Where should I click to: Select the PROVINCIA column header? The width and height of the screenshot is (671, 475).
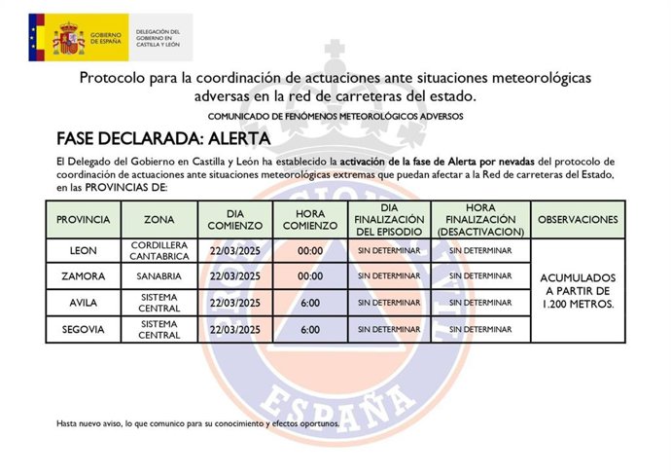click(84, 220)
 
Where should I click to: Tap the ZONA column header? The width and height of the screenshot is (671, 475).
click(159, 220)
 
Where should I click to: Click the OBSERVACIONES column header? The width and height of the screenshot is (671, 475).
click(578, 220)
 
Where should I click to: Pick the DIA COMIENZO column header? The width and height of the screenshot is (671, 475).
click(234, 220)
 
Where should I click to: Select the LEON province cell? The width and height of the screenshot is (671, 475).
click(84, 251)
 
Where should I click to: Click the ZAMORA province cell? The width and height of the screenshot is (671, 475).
click(84, 276)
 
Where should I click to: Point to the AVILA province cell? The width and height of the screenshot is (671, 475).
click(84, 303)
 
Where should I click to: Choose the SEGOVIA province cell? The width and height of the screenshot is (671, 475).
click(84, 330)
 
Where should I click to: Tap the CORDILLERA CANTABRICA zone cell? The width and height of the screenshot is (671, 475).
click(159, 251)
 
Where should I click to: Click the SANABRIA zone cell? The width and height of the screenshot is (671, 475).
click(159, 276)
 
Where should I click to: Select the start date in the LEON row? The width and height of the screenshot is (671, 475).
click(234, 251)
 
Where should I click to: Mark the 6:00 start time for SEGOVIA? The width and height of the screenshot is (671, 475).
click(310, 330)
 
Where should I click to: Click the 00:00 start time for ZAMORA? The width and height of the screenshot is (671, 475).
click(310, 276)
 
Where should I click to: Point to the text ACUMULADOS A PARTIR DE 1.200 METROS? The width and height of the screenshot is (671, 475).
click(578, 290)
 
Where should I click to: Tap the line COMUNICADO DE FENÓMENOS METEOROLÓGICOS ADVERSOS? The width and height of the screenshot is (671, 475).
click(335, 116)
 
